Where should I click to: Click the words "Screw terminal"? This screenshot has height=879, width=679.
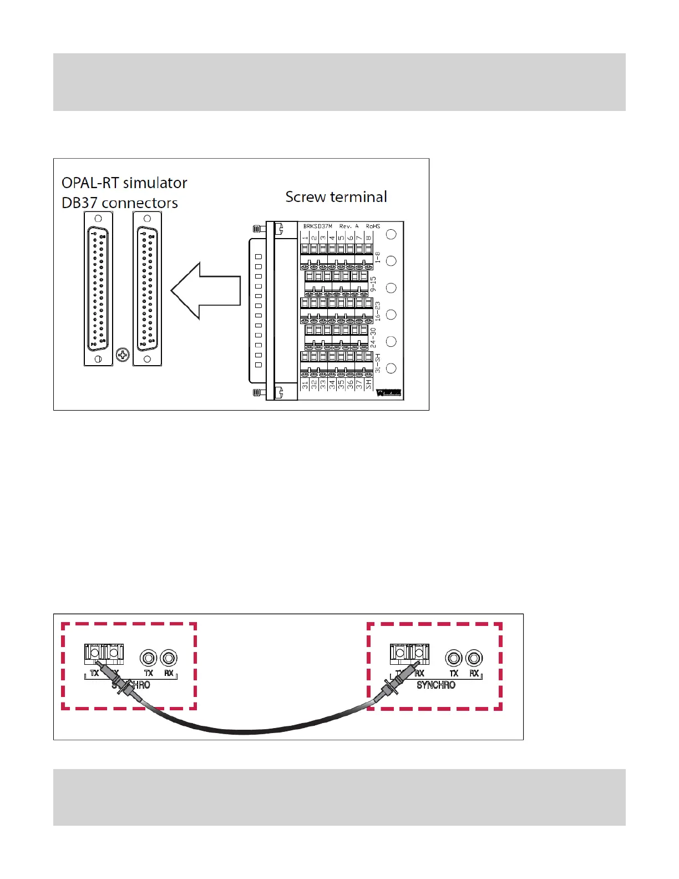click(x=336, y=197)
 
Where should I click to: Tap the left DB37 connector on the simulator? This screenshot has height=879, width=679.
click(x=98, y=289)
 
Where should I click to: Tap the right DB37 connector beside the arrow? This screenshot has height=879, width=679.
click(x=147, y=289)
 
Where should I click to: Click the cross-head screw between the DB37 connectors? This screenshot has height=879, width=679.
click(x=123, y=355)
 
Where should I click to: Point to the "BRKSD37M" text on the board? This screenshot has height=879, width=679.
click(x=317, y=226)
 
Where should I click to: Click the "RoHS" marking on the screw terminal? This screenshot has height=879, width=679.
click(x=373, y=226)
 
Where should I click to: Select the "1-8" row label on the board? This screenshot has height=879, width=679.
click(x=378, y=257)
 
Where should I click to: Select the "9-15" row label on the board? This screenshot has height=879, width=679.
click(x=373, y=284)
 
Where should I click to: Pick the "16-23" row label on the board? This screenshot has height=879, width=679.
click(x=378, y=311)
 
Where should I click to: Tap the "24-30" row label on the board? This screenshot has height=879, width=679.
click(x=373, y=338)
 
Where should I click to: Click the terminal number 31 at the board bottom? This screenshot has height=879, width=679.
click(x=305, y=383)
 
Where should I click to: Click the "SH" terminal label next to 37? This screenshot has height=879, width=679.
click(x=368, y=383)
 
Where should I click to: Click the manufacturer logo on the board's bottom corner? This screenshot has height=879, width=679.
click(x=388, y=393)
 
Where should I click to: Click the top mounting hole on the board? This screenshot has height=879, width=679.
click(x=391, y=234)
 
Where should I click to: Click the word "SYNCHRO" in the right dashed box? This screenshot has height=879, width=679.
click(x=436, y=685)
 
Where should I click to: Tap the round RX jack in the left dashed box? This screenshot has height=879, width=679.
click(x=169, y=658)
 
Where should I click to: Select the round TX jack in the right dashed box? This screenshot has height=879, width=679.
click(x=454, y=658)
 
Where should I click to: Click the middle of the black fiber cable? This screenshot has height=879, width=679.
click(x=244, y=731)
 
